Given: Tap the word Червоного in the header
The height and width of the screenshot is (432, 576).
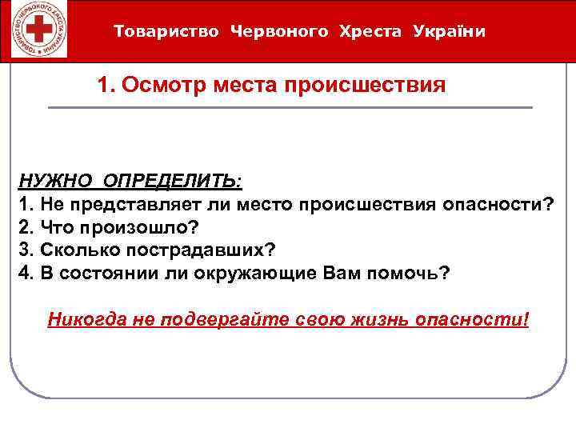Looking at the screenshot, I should pos(279,32).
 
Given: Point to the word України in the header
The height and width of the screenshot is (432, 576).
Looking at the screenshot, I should pos(450,32).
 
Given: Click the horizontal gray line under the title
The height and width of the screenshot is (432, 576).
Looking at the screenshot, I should pos(290,107).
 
